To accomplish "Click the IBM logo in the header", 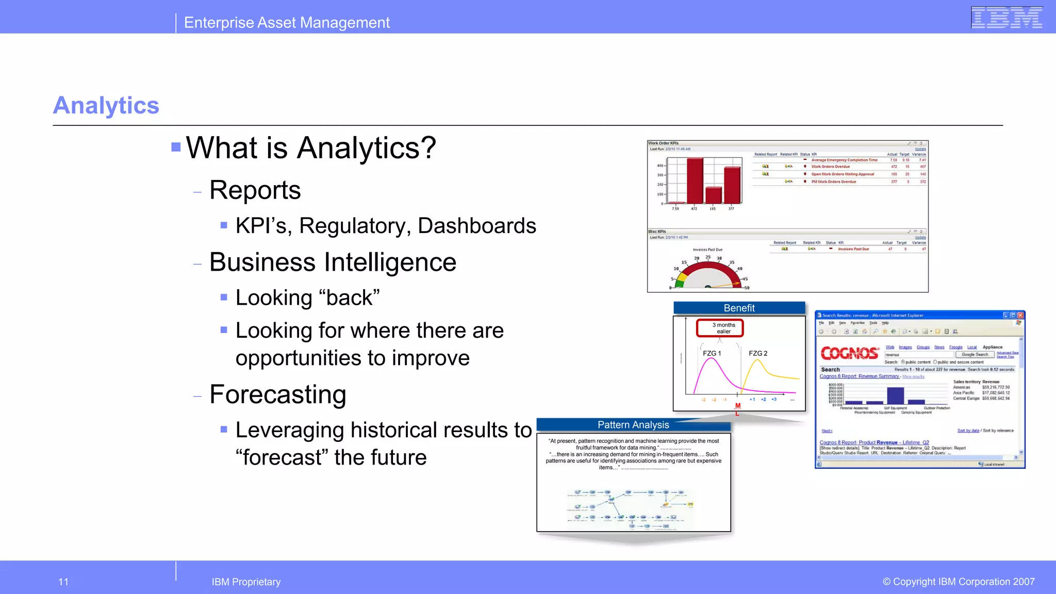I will click(1006, 18).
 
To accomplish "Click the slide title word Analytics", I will click(106, 105).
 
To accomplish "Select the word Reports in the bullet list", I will click(255, 190).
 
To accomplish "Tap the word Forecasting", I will click(277, 395).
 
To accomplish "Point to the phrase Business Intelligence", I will click(333, 262).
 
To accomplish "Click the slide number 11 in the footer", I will click(63, 582).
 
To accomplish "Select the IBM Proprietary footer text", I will click(246, 582).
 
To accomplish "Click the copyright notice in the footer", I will click(958, 582).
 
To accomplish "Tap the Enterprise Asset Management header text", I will click(287, 23).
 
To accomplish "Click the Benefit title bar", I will click(739, 308).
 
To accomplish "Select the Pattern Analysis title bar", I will click(633, 425).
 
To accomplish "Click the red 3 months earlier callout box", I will click(720, 328).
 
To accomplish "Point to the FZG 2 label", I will click(757, 353).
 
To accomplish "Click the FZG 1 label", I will click(712, 353).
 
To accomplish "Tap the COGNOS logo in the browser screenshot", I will click(849, 353).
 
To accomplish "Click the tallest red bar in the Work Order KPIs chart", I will click(695, 180).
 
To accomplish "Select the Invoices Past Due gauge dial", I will click(708, 273).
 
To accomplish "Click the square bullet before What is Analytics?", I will click(176, 147).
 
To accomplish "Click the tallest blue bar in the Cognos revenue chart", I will click(895, 395).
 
